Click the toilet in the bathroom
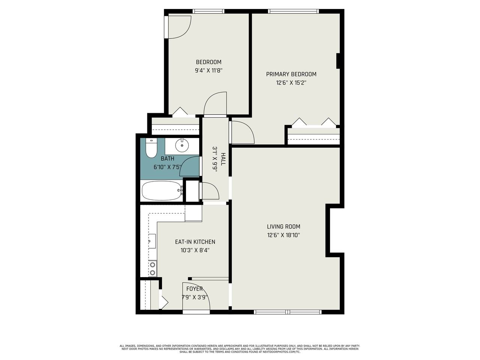151,148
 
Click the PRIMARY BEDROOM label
291,74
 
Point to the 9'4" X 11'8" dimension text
208,70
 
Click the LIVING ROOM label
283,226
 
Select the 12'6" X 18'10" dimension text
283,235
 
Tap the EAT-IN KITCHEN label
195,242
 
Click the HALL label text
223,159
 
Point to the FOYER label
194,289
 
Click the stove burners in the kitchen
153,268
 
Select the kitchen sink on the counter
152,241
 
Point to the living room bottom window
288,312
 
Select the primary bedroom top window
293,11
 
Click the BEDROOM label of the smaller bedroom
208,62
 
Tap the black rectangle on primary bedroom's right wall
338,61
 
